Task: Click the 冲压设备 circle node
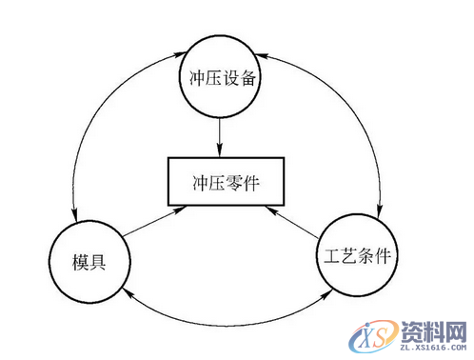[219, 77]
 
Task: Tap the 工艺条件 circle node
[353, 256]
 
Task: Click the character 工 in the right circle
[326, 257]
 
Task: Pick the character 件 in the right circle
[381, 257]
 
